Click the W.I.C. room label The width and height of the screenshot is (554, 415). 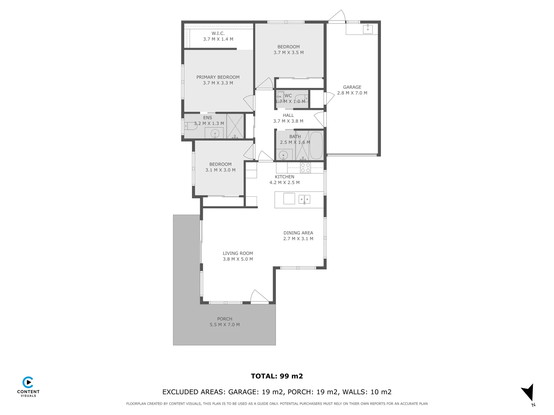point(218,33)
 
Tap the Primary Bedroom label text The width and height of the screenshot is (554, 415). point(218,77)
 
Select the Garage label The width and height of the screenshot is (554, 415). point(352,87)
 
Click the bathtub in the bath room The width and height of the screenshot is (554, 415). point(316,145)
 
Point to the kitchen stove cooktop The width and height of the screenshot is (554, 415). point(305,168)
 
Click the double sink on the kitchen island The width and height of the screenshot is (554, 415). point(304,199)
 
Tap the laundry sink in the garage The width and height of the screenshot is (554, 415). point(368,29)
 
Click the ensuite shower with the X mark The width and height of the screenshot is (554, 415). point(235,126)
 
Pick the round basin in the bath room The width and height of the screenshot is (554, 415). point(284,155)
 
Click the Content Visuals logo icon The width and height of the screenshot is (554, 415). point(28,383)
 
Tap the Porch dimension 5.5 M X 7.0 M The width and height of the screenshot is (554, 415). point(225,325)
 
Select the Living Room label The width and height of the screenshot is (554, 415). point(238,253)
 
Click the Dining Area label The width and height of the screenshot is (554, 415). point(298,233)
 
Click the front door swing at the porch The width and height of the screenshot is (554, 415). point(259,297)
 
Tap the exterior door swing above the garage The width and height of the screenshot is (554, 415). point(337,17)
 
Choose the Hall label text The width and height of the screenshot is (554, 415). point(288,115)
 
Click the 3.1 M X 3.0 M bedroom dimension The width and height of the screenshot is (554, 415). point(220,170)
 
